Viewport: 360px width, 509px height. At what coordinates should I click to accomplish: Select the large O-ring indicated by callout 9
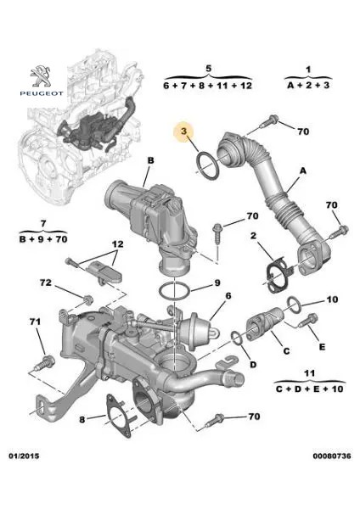tap(176, 291)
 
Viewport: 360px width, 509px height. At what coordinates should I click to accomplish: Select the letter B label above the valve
tap(150, 159)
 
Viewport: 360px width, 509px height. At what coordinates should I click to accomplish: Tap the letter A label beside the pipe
tap(299, 171)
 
